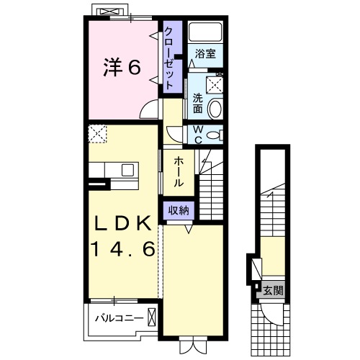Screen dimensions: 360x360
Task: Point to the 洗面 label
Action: (x=197, y=102)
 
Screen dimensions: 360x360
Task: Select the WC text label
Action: (x=197, y=134)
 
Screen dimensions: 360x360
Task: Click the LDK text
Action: (x=122, y=224)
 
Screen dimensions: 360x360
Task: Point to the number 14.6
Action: (x=122, y=250)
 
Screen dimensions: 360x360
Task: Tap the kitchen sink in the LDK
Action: (x=127, y=171)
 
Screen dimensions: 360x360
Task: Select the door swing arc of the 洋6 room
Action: (x=150, y=109)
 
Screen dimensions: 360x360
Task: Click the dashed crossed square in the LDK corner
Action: (x=97, y=133)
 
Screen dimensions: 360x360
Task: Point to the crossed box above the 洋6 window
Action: (x=109, y=12)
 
